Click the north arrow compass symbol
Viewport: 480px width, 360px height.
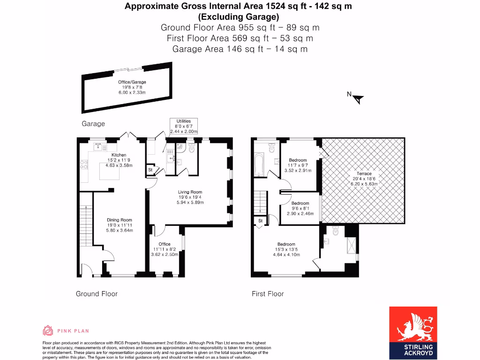(x=358, y=98)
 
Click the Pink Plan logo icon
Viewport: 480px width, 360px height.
(x=47, y=331)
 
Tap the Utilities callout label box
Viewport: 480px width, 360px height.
(x=183, y=126)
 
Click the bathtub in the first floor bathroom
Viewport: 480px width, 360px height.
(x=259, y=165)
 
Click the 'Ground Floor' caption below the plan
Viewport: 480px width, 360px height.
(x=97, y=294)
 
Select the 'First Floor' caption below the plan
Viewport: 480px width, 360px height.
(x=268, y=294)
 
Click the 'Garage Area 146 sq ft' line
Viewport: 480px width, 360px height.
(x=240, y=49)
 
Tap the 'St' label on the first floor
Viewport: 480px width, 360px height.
(x=260, y=220)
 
